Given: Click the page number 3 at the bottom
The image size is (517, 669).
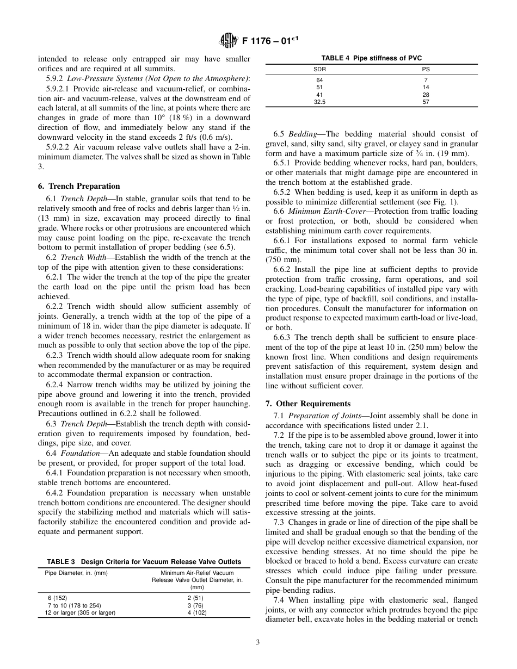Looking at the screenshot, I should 258,642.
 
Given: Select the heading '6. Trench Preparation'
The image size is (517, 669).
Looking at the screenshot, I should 79,186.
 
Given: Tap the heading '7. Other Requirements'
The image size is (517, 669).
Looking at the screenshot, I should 308,404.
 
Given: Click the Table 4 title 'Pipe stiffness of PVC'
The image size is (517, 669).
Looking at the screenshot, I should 371,58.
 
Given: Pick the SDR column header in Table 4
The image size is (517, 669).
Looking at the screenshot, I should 319,70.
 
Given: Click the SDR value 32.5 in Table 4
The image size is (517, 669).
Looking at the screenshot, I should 319,102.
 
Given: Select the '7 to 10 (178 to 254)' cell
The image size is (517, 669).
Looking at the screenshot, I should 74,605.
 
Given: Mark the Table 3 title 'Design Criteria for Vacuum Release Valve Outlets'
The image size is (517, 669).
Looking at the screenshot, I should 144,561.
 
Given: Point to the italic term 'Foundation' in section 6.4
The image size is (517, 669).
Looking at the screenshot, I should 79,453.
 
